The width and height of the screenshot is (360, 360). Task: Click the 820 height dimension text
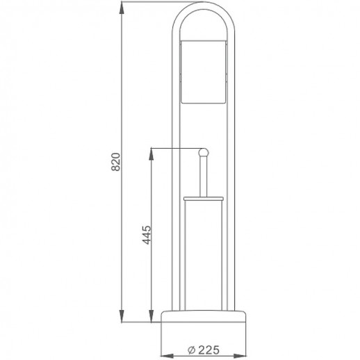coord(117,161)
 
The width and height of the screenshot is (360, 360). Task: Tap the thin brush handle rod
coord(204,177)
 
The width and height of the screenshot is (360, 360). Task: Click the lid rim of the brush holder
coord(204,199)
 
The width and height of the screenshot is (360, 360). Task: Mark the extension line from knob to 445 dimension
coord(174,147)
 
